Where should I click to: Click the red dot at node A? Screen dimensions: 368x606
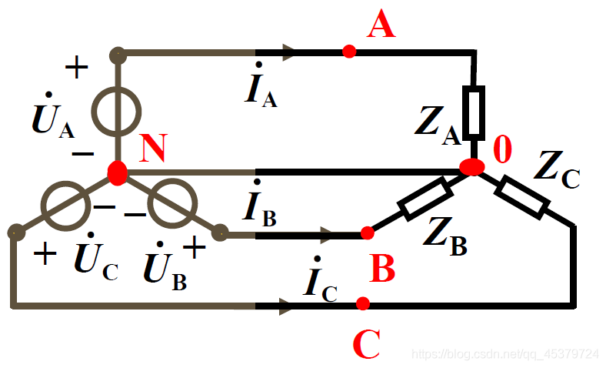click(x=349, y=52)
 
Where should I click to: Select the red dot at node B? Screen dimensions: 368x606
click(x=368, y=233)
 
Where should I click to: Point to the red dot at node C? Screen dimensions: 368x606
click(x=363, y=303)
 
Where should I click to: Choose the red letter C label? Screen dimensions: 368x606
click(x=367, y=344)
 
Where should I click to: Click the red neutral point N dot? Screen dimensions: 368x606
click(x=117, y=172)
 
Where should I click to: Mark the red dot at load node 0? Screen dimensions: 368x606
click(x=471, y=167)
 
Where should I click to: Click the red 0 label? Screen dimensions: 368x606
click(x=501, y=149)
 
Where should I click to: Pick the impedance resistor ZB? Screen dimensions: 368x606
click(x=424, y=198)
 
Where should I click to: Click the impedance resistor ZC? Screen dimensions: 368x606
click(x=522, y=196)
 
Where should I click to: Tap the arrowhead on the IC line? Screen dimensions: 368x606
click(x=285, y=306)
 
